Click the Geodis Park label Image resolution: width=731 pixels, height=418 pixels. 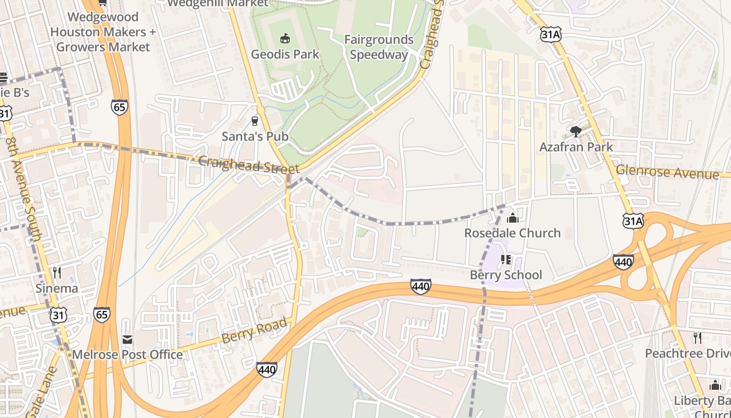(x=285, y=54)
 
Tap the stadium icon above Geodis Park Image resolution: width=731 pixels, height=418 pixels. (x=285, y=38)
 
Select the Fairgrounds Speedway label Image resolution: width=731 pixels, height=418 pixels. (x=379, y=47)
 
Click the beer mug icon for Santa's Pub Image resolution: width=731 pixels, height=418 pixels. (x=255, y=121)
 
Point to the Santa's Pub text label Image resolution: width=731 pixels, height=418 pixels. (x=255, y=137)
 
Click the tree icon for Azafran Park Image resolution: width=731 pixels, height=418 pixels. (x=576, y=131)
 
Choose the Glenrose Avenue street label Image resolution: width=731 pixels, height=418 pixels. (x=667, y=171)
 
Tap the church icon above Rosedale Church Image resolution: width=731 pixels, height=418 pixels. (x=512, y=217)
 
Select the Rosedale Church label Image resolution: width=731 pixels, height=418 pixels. (x=512, y=233)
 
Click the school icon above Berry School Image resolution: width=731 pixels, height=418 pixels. (x=505, y=259)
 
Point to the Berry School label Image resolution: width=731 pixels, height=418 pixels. (x=505, y=275)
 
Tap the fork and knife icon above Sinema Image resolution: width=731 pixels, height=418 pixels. (x=57, y=272)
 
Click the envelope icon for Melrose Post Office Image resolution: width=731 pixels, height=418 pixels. (x=127, y=340)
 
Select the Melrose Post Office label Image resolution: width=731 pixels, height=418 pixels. (x=127, y=355)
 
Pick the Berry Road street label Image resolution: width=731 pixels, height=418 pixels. (x=254, y=331)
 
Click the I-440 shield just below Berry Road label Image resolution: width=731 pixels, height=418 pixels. (x=266, y=369)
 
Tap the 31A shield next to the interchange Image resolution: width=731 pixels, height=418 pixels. (x=632, y=221)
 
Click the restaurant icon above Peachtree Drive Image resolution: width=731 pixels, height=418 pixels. (x=697, y=338)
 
